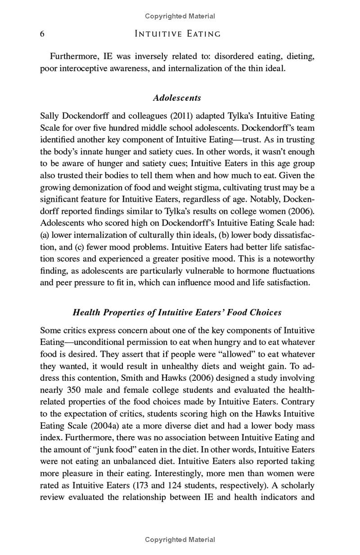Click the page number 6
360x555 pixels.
(x=42, y=34)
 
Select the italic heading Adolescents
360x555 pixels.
(x=177, y=98)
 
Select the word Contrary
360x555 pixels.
(x=299, y=402)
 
